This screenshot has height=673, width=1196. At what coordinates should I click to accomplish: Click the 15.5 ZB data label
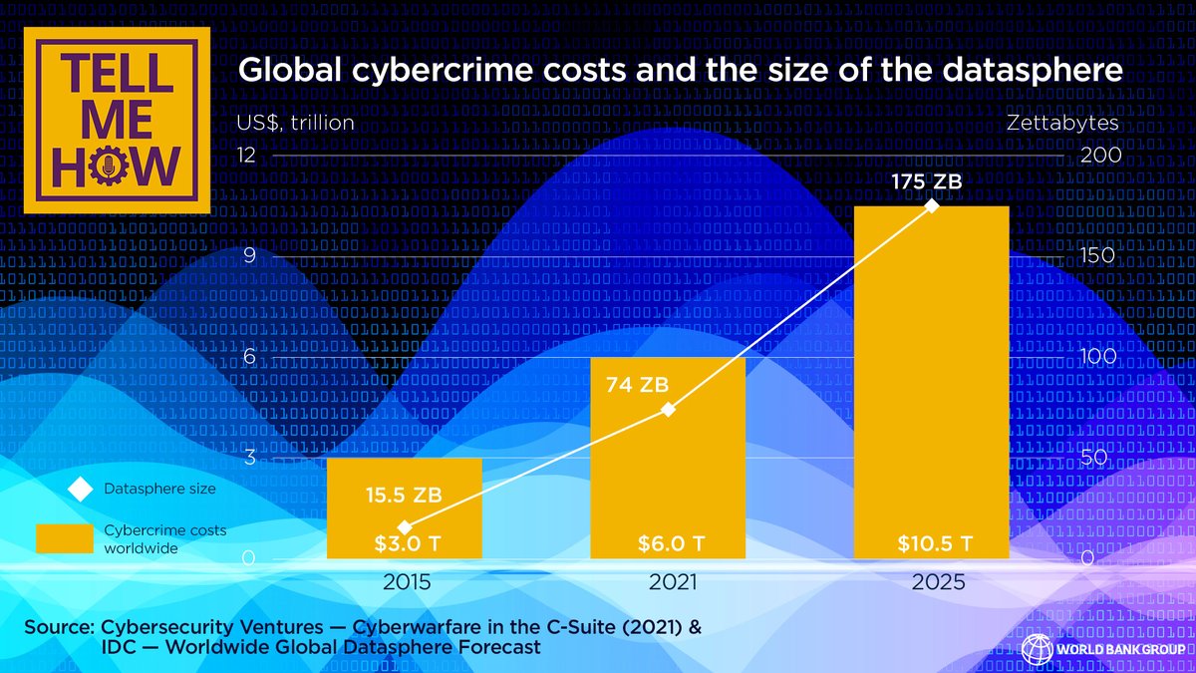pos(403,495)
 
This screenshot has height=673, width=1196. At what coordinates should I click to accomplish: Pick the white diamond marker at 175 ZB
pos(932,206)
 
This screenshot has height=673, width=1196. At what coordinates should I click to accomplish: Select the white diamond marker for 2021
pos(669,410)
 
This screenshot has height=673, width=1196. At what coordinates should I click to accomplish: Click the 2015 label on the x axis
pos(407,582)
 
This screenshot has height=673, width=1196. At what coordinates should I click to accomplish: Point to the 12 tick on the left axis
pos(245,156)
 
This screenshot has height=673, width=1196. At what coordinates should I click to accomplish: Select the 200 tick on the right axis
pos(1101,156)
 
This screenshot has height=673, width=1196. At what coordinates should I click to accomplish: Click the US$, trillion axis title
pos(295,123)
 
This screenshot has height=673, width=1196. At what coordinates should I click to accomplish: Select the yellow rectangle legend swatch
pos(65,538)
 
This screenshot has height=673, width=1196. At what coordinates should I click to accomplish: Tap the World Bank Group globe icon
pos(1037,649)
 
